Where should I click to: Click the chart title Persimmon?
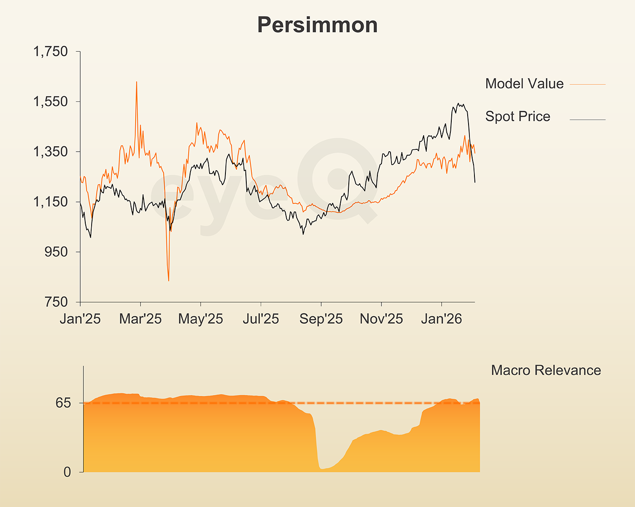click(x=317, y=25)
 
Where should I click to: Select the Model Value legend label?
click(x=524, y=84)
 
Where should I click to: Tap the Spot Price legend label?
click(x=518, y=117)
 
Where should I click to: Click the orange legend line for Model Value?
click(x=587, y=84)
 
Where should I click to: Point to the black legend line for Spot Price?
click(x=587, y=120)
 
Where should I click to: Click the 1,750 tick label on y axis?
click(x=50, y=52)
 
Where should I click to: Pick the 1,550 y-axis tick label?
click(x=50, y=102)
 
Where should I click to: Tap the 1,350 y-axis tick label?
click(x=50, y=152)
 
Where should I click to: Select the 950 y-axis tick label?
click(x=56, y=252)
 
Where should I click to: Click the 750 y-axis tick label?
click(x=56, y=302)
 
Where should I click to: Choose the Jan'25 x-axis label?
click(x=80, y=319)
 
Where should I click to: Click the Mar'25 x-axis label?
click(x=140, y=319)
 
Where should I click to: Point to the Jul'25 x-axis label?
click(x=261, y=319)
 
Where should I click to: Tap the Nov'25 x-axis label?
click(x=381, y=319)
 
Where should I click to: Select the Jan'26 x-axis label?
click(x=441, y=319)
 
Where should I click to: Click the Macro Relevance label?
click(x=546, y=370)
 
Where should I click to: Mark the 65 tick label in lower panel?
click(x=63, y=403)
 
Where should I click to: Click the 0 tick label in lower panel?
click(x=67, y=472)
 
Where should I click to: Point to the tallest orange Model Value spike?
click(x=137, y=83)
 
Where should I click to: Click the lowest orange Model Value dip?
click(x=169, y=280)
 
